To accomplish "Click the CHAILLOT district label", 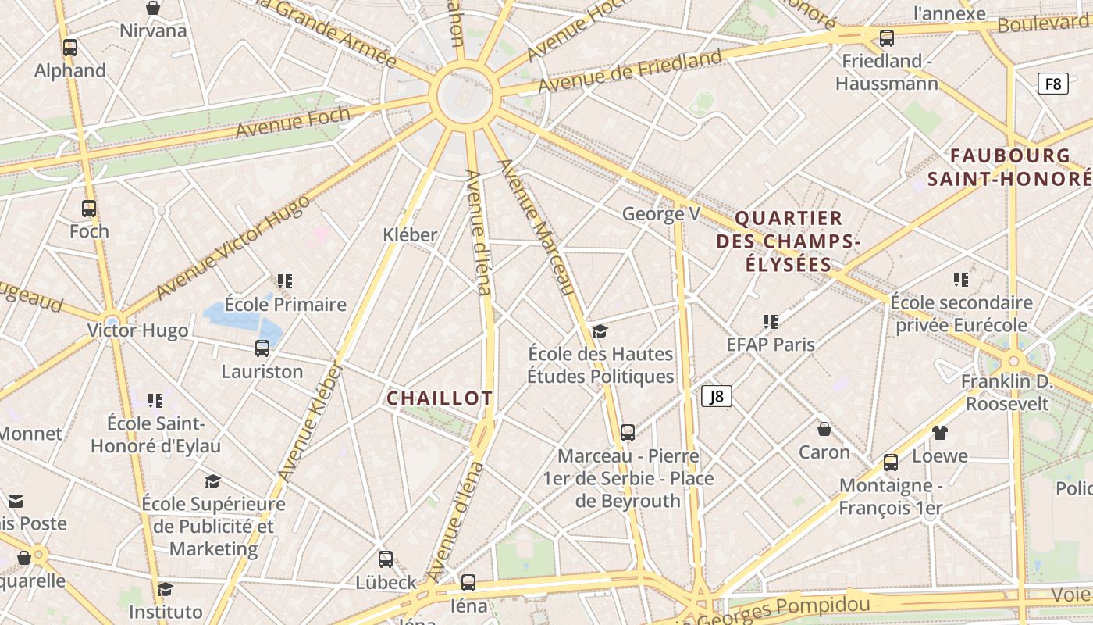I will click(x=440, y=398).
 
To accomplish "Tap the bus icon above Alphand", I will click(x=70, y=48).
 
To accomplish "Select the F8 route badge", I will click(x=1052, y=84).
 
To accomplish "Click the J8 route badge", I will click(x=716, y=396).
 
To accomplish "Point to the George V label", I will click(x=660, y=214).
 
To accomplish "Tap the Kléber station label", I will click(x=410, y=234).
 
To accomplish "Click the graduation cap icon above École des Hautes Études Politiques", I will click(x=600, y=332).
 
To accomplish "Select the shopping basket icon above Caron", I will click(x=824, y=429).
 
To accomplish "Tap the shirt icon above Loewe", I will click(x=940, y=433).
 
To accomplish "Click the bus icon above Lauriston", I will click(x=262, y=348).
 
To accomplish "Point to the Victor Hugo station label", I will click(x=137, y=330).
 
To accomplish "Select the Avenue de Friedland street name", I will click(x=630, y=71).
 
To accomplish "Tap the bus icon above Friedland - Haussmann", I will click(x=887, y=38).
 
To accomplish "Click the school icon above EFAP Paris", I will click(x=771, y=321).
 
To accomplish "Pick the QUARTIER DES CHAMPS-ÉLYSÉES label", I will click(x=789, y=241).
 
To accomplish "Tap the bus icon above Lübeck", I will click(x=386, y=559).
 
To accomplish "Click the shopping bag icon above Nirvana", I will click(x=153, y=9).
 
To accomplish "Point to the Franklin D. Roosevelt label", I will click(x=1007, y=392).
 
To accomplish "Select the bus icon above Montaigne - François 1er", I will click(x=891, y=462).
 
